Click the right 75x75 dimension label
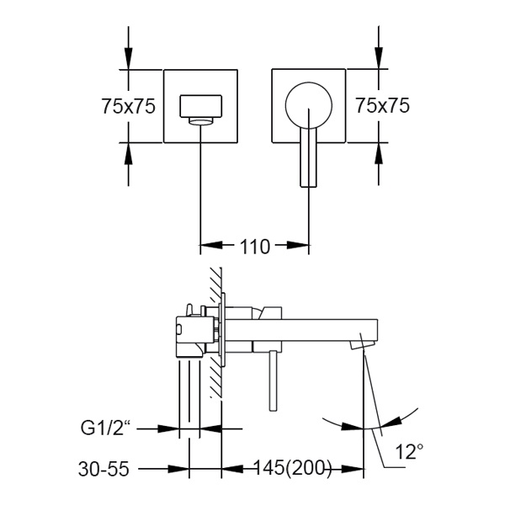(x=382, y=106)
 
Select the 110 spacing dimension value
(x=255, y=247)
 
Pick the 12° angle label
(x=408, y=453)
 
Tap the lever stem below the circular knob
(x=309, y=160)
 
